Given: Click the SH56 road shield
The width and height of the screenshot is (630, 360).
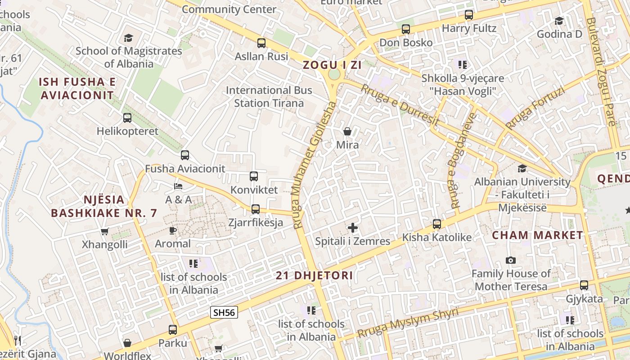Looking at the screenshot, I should pyautogui.click(x=224, y=312).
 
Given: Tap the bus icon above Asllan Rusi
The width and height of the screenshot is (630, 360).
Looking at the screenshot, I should pyautogui.click(x=261, y=43).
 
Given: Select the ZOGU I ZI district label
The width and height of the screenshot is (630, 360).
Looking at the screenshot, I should pyautogui.click(x=332, y=65).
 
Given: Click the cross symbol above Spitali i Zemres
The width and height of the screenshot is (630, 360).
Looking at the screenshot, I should pyautogui.click(x=353, y=228).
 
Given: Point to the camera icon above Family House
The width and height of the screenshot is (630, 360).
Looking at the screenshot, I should pyautogui.click(x=511, y=260).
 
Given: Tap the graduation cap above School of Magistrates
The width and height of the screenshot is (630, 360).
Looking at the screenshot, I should pyautogui.click(x=129, y=38).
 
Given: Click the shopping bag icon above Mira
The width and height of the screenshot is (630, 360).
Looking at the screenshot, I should pyautogui.click(x=347, y=131).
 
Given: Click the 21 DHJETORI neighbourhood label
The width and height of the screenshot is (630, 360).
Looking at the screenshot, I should pyautogui.click(x=315, y=275).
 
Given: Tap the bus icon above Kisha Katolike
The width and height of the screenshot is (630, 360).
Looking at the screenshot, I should pyautogui.click(x=436, y=224).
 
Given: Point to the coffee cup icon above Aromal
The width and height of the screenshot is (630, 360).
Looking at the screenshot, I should pyautogui.click(x=172, y=230).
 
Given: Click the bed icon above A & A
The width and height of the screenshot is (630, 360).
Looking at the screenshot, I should pyautogui.click(x=178, y=186).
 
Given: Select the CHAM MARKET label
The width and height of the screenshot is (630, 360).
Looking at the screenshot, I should pyautogui.click(x=537, y=235).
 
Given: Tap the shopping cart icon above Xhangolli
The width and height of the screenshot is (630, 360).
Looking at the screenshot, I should pyautogui.click(x=105, y=231).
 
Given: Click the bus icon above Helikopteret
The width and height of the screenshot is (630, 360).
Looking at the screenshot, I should pyautogui.click(x=127, y=118).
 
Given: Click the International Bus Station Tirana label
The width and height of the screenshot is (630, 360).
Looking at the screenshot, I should pyautogui.click(x=269, y=96).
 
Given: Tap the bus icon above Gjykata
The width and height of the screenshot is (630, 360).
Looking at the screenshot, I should pyautogui.click(x=584, y=285).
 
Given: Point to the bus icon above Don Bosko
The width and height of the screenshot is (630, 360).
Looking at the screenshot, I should pyautogui.click(x=406, y=29).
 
